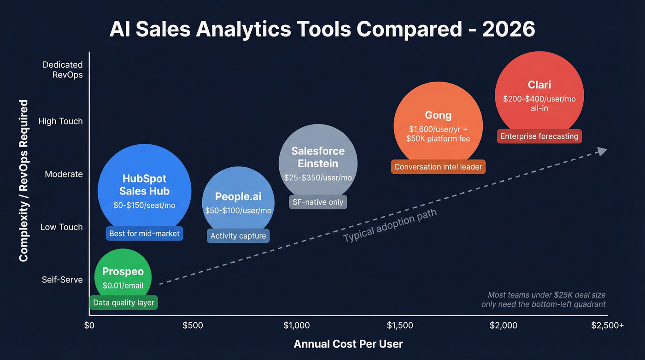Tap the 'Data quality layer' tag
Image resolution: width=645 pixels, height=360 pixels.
[x=123, y=303]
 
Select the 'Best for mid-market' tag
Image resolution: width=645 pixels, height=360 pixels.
[x=144, y=234]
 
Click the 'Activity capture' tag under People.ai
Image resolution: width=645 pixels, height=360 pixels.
[x=238, y=236]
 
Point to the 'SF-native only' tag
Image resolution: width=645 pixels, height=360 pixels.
[x=318, y=202]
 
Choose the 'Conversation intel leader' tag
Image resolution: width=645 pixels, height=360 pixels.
[x=438, y=167]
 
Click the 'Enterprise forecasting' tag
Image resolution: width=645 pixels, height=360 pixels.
[x=539, y=136]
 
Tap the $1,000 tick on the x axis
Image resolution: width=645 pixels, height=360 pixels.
[x=297, y=325]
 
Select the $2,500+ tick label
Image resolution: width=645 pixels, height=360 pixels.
[x=607, y=325]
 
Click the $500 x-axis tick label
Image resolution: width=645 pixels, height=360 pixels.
[x=193, y=325]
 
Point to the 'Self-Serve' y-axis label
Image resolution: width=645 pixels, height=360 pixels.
[x=62, y=280]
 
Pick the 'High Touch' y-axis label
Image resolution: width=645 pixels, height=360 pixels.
[x=60, y=121]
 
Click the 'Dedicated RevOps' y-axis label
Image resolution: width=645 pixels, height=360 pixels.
[x=63, y=70]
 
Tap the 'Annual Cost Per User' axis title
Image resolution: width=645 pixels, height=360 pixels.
[x=348, y=344]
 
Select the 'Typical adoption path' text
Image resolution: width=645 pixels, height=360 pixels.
[x=390, y=225]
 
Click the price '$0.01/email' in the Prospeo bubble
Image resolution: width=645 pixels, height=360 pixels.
[x=123, y=286]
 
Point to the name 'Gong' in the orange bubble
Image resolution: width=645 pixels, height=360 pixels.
[x=438, y=115]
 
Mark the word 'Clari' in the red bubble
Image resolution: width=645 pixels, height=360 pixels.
[x=539, y=85]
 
